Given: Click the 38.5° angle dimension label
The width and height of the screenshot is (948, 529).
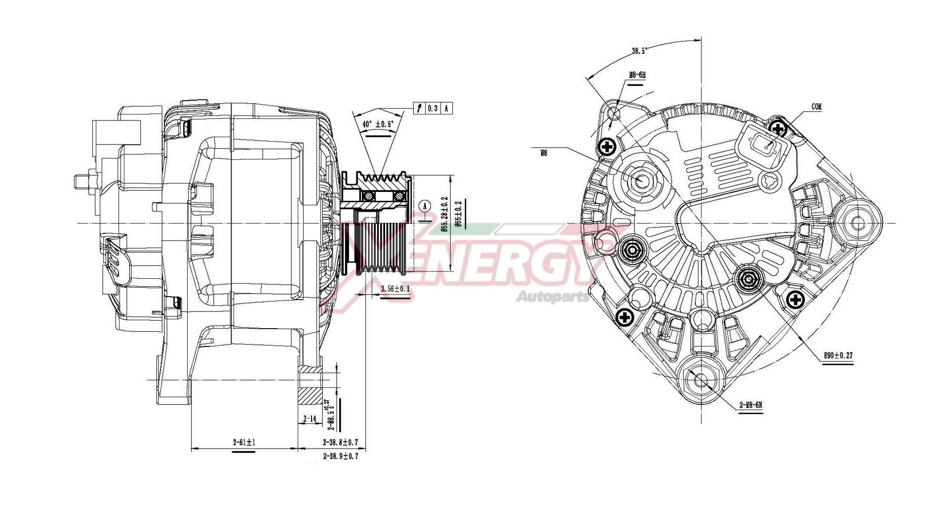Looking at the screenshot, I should (639, 50).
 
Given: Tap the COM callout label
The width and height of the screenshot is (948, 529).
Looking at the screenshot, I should (817, 107).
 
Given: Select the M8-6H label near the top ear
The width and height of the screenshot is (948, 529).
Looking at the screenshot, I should (636, 76).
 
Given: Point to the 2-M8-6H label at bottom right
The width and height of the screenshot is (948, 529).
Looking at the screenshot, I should (750, 405).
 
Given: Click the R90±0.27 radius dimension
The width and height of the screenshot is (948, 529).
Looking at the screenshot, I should (838, 355).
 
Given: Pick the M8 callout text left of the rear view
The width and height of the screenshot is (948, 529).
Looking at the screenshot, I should (543, 153).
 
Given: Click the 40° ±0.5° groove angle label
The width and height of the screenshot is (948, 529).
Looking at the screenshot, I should (378, 124).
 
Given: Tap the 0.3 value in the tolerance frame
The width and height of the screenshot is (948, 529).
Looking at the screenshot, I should (433, 109).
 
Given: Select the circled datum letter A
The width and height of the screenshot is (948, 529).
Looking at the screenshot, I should (425, 205).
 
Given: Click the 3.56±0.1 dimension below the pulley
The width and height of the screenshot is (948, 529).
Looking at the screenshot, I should (395, 289).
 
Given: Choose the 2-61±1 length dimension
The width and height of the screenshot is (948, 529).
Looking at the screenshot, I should (244, 442).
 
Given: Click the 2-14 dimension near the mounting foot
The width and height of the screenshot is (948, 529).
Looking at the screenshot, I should (310, 418).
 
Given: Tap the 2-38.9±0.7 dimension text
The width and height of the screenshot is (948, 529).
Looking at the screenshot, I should (340, 456).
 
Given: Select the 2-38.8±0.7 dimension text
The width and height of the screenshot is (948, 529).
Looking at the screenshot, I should (340, 442).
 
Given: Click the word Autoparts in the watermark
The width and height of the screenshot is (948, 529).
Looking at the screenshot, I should (552, 297).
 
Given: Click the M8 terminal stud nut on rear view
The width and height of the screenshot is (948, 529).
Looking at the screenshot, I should (641, 181).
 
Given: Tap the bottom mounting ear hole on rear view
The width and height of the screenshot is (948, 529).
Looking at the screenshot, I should (702, 381).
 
